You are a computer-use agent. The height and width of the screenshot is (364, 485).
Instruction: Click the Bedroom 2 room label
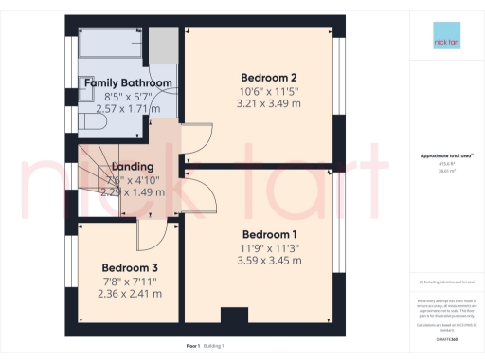pyautogui.click(x=261, y=78)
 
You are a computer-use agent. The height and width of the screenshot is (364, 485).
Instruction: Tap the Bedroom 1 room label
pyautogui.click(x=270, y=234)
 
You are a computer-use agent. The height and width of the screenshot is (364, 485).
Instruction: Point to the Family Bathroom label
pyautogui.click(x=128, y=83)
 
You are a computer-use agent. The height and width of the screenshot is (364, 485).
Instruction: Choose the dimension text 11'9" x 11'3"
pyautogui.click(x=270, y=247)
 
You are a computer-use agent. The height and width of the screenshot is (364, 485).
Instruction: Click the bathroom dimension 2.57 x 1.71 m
pyautogui.click(x=128, y=109)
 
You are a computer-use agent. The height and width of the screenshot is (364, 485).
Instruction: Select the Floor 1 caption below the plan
pyautogui.click(x=193, y=347)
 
